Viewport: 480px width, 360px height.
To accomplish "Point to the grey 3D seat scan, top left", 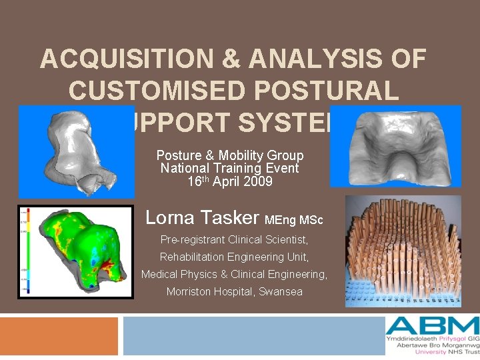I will [x=75, y=151].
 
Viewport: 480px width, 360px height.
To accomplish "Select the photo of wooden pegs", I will [x=403, y=251].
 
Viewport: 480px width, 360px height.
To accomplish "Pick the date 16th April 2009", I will [x=230, y=181].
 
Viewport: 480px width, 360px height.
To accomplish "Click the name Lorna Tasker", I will [x=203, y=217].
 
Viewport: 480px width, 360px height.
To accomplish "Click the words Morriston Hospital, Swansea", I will [x=234, y=291].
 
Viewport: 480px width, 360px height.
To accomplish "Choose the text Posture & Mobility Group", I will [x=230, y=155].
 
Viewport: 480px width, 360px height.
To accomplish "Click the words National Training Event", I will [x=230, y=168].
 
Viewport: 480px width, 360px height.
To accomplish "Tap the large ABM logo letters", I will [x=432, y=327].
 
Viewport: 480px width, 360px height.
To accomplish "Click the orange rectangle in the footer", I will [x=59, y=337].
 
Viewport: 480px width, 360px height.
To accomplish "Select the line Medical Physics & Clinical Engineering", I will [x=234, y=274].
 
